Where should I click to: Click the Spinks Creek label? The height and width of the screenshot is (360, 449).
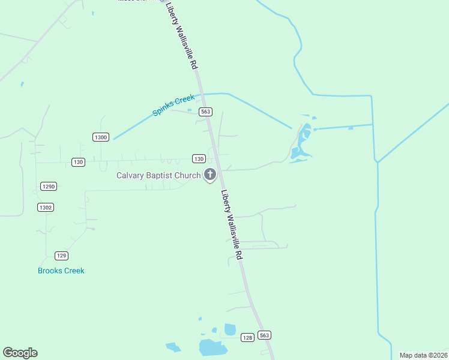click(x=173, y=105)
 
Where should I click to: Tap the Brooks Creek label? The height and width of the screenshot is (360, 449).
click(x=61, y=271)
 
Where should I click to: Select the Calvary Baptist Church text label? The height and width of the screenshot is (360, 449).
click(x=158, y=175)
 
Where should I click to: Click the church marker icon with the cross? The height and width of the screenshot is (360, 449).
click(x=210, y=175)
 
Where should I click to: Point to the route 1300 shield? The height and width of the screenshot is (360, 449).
click(x=101, y=137)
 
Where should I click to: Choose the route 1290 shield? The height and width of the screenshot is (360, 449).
click(x=49, y=187)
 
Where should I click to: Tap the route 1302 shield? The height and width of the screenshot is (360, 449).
click(x=46, y=207)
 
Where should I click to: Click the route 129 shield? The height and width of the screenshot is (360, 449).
click(x=61, y=255)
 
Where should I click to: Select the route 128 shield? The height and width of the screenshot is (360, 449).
click(x=247, y=338)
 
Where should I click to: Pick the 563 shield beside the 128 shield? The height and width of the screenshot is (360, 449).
click(x=264, y=334)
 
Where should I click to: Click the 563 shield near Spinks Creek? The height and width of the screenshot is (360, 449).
click(x=206, y=112)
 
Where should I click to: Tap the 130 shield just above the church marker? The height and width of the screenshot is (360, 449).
click(x=199, y=158)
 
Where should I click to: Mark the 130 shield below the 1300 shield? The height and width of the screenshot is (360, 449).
click(x=78, y=162)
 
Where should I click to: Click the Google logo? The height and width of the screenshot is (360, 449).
click(x=20, y=353)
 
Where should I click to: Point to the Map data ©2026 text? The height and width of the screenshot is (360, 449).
click(x=423, y=355)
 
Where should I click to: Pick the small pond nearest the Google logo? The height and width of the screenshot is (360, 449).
click(x=173, y=347)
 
